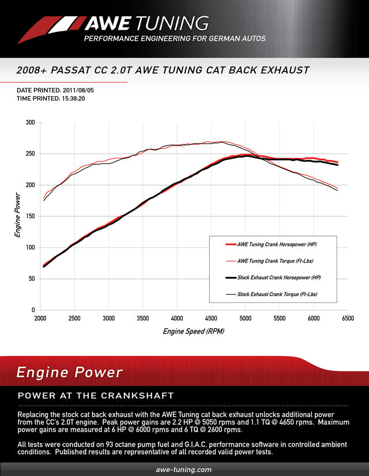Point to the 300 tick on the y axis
point(29,123)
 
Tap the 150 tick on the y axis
point(29,216)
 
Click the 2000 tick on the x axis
point(40,318)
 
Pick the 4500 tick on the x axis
point(211,318)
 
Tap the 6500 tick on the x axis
point(348,318)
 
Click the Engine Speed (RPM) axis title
point(193,331)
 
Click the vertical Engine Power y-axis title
point(18,216)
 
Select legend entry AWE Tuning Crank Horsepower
point(277,245)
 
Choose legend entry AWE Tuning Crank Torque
point(277,261)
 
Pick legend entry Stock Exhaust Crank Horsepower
point(278,278)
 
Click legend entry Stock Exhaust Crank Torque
point(278,294)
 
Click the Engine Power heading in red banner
point(69,372)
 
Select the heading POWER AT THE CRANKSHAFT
point(96,396)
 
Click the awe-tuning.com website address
point(184,470)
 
